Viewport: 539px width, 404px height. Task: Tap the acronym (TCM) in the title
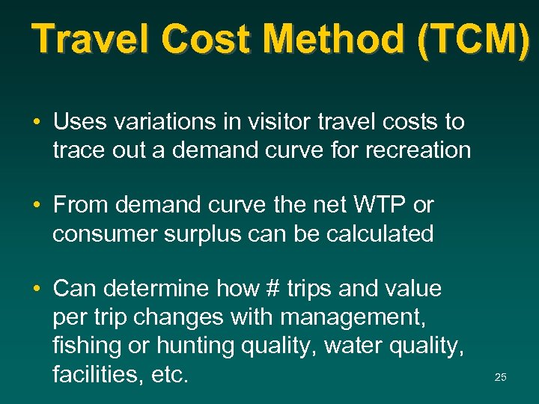pos(475,39)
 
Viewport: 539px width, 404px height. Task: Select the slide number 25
pos(501,378)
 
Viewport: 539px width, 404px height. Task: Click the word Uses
pos(79,121)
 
